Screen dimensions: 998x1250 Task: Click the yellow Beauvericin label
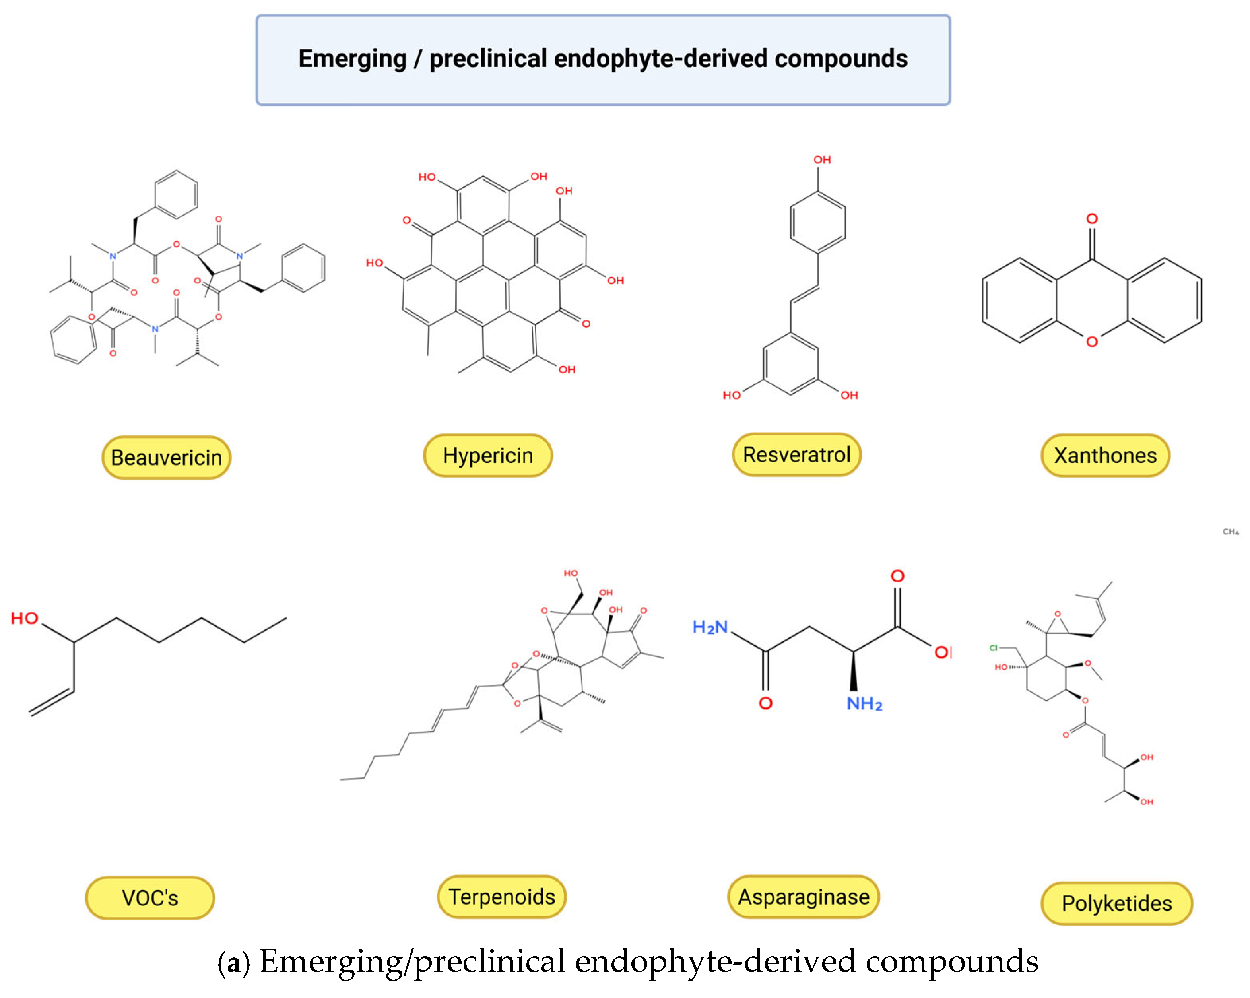pos(167,458)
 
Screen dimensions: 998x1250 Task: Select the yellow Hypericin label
pos(487,455)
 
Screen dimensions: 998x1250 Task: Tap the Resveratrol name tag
pos(797,454)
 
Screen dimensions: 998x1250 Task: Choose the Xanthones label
pos(1105,455)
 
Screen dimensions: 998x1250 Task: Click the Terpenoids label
pos(501,897)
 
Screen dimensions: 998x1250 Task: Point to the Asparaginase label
pos(803,897)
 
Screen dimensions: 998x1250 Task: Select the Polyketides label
pos(1117,903)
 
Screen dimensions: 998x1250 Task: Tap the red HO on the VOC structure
pos(24,618)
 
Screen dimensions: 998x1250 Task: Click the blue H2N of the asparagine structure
pos(710,627)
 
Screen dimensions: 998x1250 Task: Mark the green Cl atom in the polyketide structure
pos(993,648)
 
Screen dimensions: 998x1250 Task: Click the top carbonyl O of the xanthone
pos(1092,219)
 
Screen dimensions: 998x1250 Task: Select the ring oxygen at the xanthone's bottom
pos(1092,342)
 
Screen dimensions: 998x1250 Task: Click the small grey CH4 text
pos(1230,531)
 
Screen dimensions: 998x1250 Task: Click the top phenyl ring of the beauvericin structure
pos(176,195)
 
